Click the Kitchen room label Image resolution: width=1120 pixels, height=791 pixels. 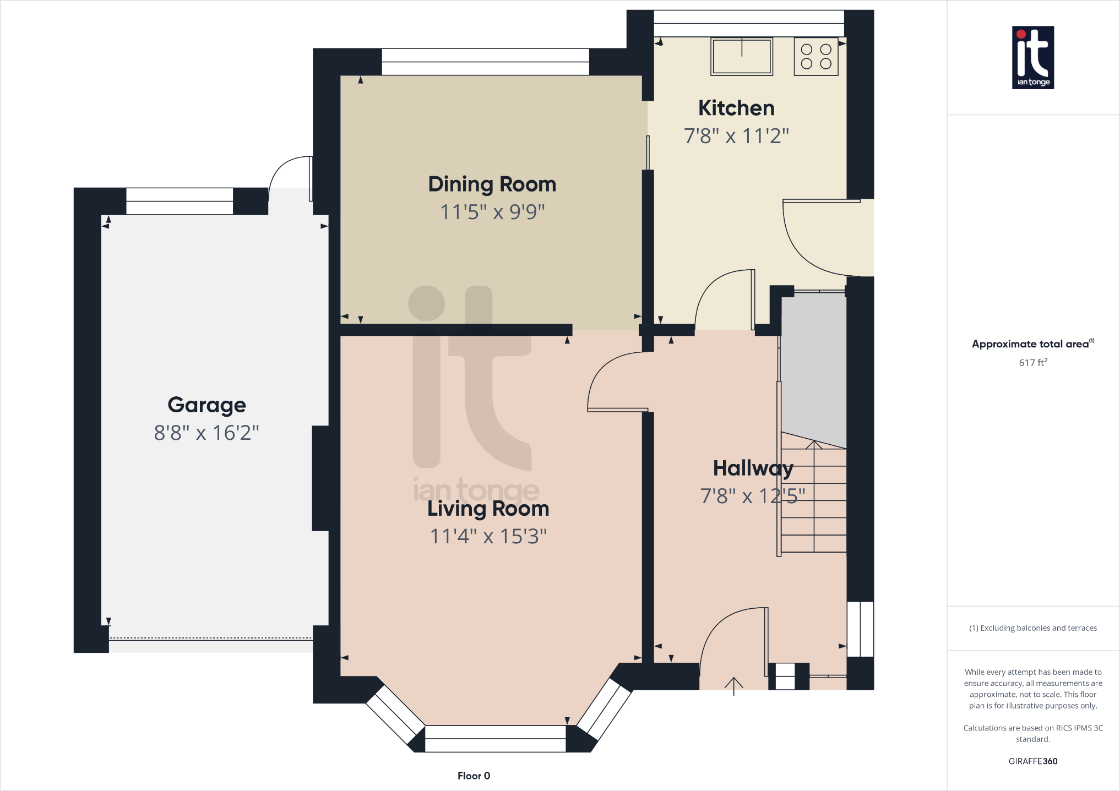[x=736, y=108]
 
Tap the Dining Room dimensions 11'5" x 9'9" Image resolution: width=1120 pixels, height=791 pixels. [x=492, y=212]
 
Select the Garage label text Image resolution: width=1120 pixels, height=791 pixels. [x=206, y=405]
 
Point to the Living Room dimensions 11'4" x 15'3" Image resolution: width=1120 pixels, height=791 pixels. [x=488, y=536]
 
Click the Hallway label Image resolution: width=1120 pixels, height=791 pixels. [x=753, y=468]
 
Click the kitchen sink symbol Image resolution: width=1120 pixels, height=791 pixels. [x=742, y=56]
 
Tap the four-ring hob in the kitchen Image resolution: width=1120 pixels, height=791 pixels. [x=816, y=56]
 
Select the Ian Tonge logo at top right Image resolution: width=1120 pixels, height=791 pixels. [x=1033, y=57]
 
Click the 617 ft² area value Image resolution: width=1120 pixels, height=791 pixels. [x=1032, y=363]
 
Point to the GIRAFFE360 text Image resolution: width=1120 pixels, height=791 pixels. [x=1032, y=761]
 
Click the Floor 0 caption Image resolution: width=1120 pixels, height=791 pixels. [x=474, y=776]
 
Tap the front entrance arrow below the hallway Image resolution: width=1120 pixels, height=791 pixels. [x=733, y=686]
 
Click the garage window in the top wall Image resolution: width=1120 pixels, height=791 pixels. [x=180, y=201]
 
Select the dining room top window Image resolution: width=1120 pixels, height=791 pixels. [x=485, y=62]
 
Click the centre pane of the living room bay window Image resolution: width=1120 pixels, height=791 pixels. [x=495, y=738]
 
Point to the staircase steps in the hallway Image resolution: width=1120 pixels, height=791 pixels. [x=814, y=501]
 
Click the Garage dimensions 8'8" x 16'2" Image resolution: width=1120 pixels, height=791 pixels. [x=206, y=433]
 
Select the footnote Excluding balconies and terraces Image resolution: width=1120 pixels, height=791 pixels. [x=1032, y=628]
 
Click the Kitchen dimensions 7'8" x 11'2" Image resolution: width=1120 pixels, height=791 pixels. [x=736, y=136]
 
